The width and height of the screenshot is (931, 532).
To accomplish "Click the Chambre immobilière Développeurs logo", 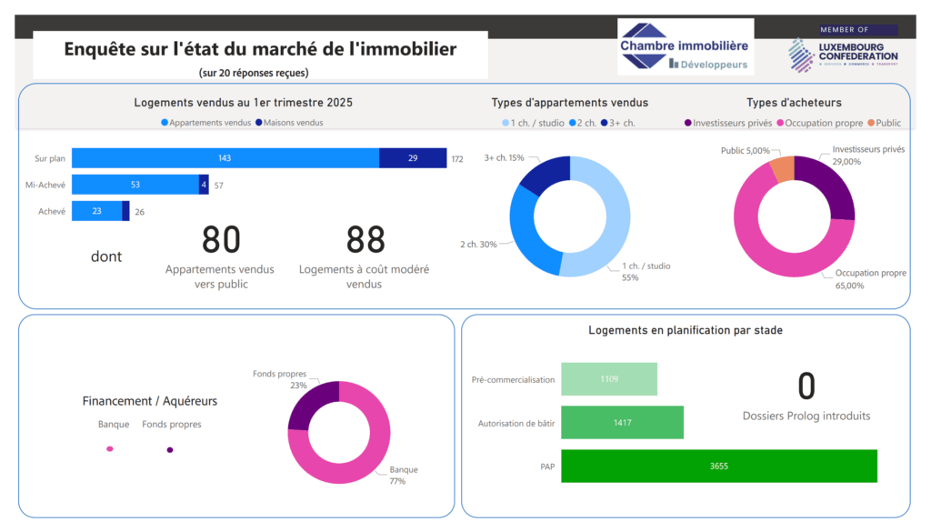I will tap(685, 47).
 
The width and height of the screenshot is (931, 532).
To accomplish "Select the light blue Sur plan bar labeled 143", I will tap(225, 158).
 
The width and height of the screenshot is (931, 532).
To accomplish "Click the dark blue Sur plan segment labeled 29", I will tap(413, 158).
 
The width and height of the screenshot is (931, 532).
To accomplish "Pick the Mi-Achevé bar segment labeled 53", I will tap(135, 185).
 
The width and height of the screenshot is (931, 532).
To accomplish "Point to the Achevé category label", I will tap(52, 212).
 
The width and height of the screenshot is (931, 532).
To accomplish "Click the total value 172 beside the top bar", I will tap(456, 159).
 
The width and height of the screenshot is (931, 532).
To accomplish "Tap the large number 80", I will tap(221, 240).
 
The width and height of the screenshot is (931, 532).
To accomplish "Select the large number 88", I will tap(365, 240).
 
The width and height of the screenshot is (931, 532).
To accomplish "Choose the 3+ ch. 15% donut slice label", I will tap(504, 158).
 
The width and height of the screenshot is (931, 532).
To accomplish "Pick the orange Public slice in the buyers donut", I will tap(783, 169).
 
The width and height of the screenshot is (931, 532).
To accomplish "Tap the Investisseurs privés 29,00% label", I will tap(868, 156).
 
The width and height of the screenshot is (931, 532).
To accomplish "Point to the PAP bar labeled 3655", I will tap(718, 466).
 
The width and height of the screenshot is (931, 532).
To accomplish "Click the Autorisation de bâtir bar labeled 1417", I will tap(622, 422).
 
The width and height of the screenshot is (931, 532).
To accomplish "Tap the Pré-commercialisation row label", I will tap(513, 379).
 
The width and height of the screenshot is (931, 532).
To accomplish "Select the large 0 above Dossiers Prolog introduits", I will tap(806, 386).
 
